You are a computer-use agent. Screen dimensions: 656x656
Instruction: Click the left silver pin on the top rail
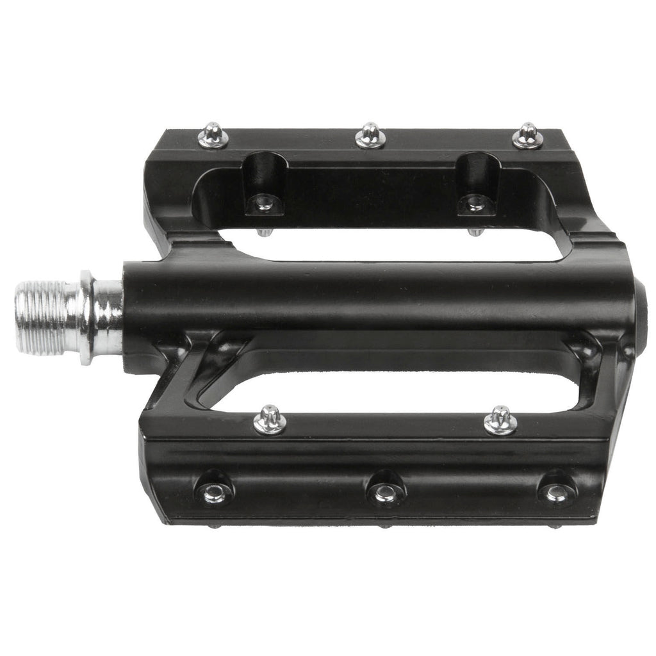pyautogui.click(x=213, y=136)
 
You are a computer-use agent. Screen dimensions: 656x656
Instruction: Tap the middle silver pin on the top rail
pyautogui.click(x=370, y=135)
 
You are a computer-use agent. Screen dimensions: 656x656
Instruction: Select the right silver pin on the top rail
pyautogui.click(x=527, y=136)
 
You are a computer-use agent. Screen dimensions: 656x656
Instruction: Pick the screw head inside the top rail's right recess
pyautogui.click(x=475, y=204)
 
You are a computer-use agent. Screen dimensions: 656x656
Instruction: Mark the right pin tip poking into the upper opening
pyautogui.click(x=475, y=231)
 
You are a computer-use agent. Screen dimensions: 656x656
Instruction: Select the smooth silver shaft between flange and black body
pyautogui.click(x=109, y=317)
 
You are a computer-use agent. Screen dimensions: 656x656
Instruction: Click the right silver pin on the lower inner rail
pyautogui.click(x=500, y=421)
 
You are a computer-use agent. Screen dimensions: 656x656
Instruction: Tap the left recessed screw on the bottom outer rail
pyautogui.click(x=213, y=492)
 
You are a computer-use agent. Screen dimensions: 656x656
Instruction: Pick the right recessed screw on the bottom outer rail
pyautogui.click(x=556, y=491)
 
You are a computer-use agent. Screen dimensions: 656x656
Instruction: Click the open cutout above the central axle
pyautogui.click(x=410, y=246)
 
